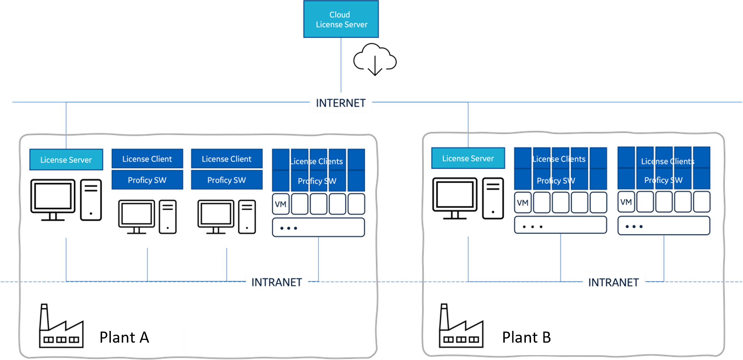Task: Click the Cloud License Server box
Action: [x=341, y=19]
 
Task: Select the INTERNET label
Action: [x=340, y=103]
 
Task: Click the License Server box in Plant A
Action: [x=66, y=160]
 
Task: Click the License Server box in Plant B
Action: [x=468, y=158]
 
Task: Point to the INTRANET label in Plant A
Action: [x=277, y=282]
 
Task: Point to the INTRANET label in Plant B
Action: [x=613, y=282]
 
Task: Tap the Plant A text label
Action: [x=124, y=337]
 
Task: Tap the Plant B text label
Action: [x=527, y=337]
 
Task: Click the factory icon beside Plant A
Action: [x=61, y=327]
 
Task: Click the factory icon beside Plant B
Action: [x=460, y=327]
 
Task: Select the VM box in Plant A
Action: [x=280, y=204]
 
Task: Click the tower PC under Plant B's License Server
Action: [x=493, y=199]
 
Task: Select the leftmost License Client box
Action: [x=147, y=159]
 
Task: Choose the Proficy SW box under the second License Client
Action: [x=227, y=180]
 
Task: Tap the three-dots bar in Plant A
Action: [x=318, y=228]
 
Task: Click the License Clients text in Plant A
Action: [x=316, y=161]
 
